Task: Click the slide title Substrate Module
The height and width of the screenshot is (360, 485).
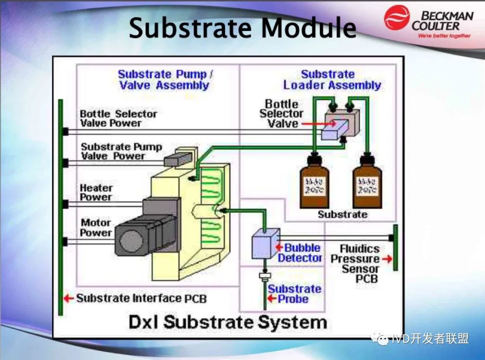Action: (x=242, y=28)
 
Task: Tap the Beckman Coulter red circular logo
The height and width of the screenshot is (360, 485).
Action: (x=397, y=18)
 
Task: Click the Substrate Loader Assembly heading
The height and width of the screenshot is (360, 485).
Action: (x=332, y=80)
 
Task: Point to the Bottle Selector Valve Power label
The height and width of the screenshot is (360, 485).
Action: (x=118, y=118)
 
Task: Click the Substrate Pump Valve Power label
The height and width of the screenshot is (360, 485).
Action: (x=121, y=151)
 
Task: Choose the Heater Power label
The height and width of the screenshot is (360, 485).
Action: (x=96, y=192)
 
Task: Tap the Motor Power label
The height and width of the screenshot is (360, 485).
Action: (x=96, y=227)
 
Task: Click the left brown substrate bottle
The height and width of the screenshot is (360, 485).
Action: (x=314, y=184)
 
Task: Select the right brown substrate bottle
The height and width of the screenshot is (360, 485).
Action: (x=367, y=184)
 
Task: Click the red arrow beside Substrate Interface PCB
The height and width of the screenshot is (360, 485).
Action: (x=68, y=298)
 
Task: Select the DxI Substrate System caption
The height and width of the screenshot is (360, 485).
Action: (x=228, y=322)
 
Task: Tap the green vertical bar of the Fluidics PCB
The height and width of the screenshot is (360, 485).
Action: (x=395, y=248)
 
